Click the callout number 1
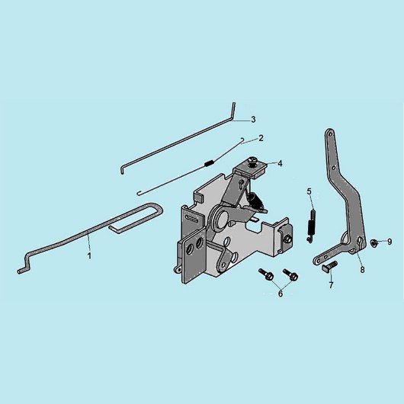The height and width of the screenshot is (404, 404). [89, 256]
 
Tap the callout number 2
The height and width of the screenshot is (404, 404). [261, 138]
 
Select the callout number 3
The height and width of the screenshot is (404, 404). [253, 120]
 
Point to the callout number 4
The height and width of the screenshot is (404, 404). [280, 164]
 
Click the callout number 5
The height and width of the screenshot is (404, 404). [309, 191]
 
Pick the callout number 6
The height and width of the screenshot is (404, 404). [281, 293]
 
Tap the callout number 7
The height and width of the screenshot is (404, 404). [331, 285]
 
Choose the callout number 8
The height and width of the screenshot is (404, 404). [362, 270]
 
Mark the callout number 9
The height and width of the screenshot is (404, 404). [390, 242]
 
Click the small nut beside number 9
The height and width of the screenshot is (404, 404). [373, 242]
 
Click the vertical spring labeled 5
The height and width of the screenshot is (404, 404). [311, 226]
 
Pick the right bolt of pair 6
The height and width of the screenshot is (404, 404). [290, 275]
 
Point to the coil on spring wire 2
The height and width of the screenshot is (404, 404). [209, 163]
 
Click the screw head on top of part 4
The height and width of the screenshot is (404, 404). [252, 160]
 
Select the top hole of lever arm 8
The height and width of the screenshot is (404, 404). [330, 133]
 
